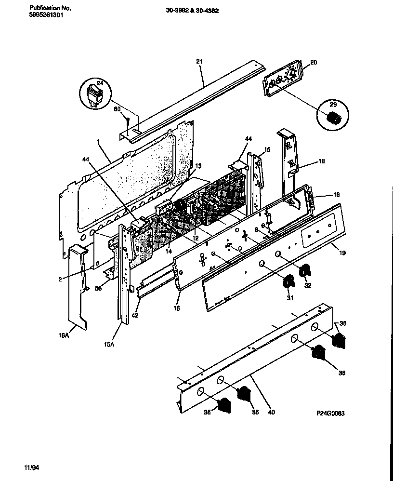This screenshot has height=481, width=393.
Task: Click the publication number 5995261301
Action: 46,15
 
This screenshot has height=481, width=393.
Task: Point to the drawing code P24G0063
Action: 330,414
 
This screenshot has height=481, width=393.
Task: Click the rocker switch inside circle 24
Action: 94,94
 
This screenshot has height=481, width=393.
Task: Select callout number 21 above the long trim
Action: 199,61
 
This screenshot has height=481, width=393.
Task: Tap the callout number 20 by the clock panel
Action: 314,62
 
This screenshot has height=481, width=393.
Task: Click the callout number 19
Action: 342,252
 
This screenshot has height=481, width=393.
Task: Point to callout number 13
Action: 198,166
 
